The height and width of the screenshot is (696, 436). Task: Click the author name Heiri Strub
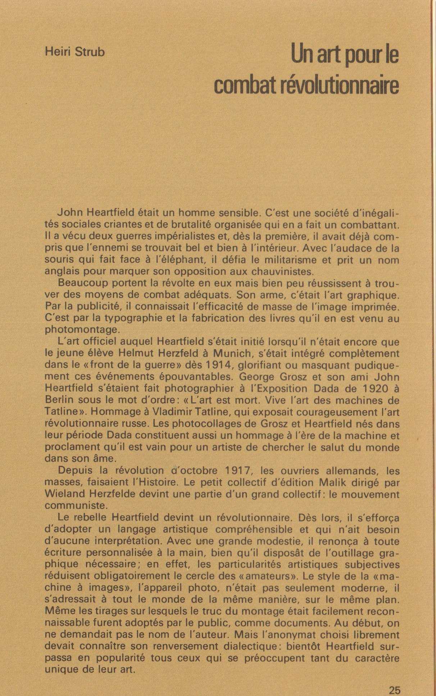click(74, 52)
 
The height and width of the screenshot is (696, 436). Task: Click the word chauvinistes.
click(273, 271)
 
